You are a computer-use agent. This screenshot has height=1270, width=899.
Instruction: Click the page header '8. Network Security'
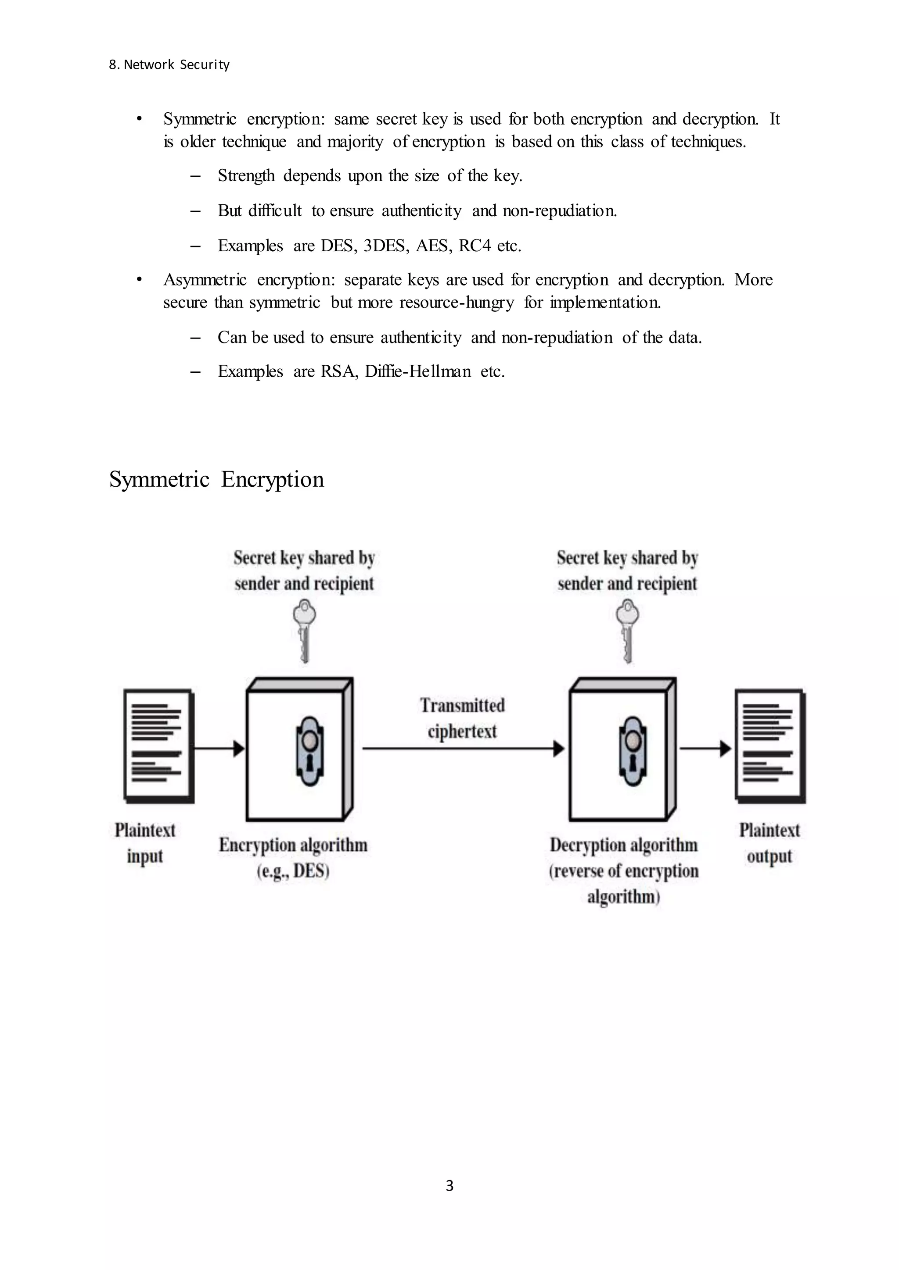[169, 65]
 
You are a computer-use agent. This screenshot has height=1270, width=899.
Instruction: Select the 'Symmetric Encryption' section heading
[216, 479]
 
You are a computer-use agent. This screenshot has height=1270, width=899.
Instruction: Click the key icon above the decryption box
[628, 631]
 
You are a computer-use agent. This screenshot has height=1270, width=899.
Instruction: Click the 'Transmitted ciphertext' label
[462, 718]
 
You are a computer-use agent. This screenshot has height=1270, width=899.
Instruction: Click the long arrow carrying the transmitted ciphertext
[462, 749]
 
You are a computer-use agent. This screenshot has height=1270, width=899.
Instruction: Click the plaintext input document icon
[158, 746]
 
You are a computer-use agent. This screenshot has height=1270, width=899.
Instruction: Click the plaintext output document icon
[770, 746]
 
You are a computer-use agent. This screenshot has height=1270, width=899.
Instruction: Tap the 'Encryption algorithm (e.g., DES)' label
[293, 857]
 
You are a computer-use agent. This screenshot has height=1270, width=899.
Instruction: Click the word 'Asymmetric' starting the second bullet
[205, 280]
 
